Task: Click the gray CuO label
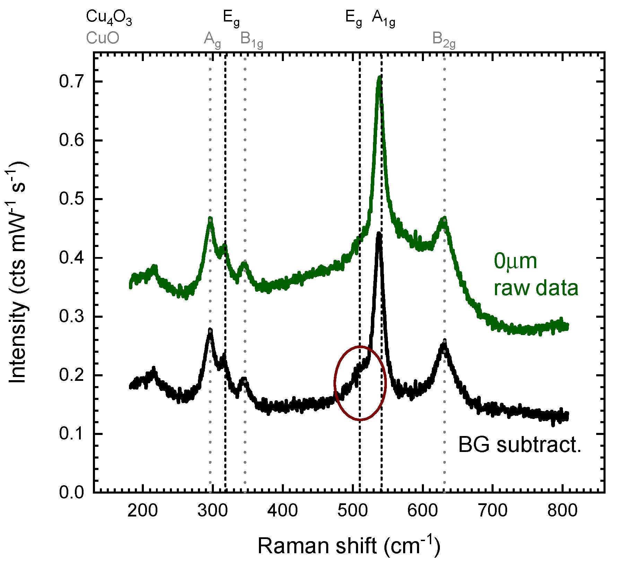103,38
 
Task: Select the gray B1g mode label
252,40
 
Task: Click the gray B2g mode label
444,40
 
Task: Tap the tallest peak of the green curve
380,78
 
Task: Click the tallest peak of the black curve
379,234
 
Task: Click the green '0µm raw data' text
536,275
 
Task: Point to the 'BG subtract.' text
519,445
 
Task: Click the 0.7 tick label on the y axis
71,82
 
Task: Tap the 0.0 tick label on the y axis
71,492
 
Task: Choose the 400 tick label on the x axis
283,510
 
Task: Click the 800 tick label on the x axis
562,510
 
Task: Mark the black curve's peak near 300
210,331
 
